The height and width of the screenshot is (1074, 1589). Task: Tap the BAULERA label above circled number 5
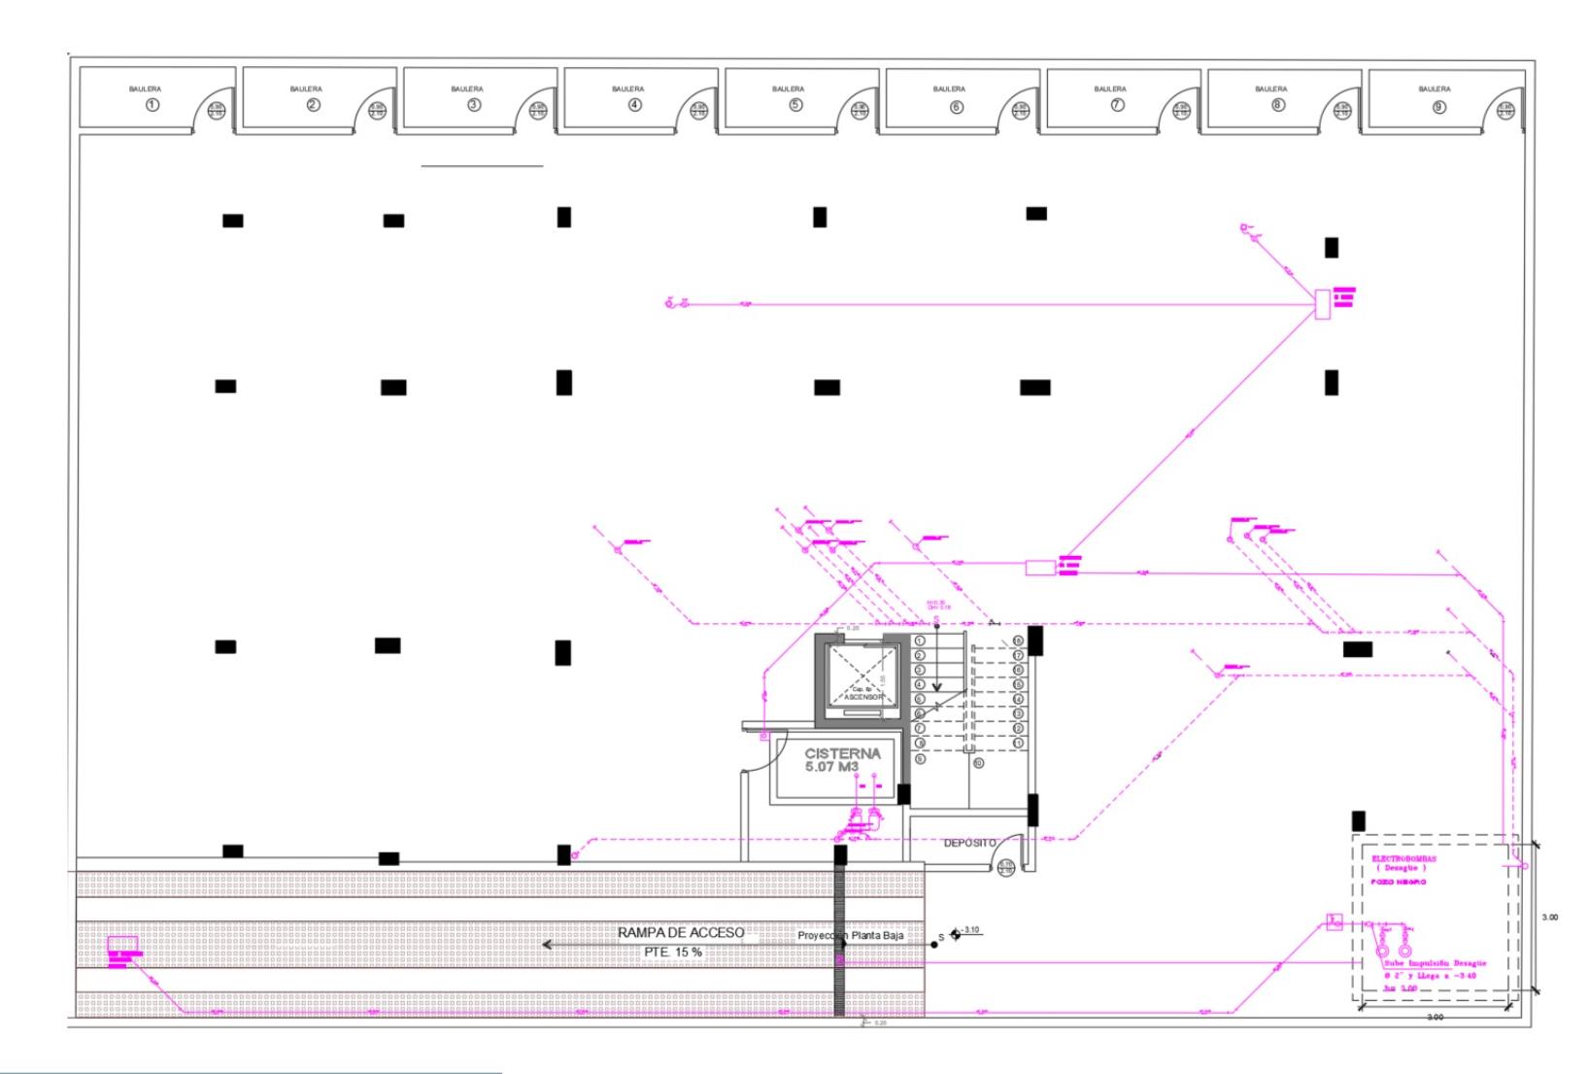tap(789, 89)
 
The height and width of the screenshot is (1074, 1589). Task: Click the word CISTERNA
tap(842, 753)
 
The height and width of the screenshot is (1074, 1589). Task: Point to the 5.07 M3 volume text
tap(831, 767)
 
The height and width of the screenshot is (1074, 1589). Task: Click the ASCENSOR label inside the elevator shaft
tap(862, 698)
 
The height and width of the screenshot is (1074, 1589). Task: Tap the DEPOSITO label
tap(969, 843)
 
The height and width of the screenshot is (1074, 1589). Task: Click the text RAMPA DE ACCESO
tap(680, 933)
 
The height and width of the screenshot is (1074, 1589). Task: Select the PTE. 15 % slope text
tap(673, 953)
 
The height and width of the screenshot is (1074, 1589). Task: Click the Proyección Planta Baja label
tap(850, 936)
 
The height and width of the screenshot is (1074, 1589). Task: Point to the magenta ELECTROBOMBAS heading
tap(1403, 859)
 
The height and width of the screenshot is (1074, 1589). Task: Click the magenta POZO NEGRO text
tap(1399, 882)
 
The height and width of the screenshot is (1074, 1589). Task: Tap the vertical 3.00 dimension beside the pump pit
tap(1550, 918)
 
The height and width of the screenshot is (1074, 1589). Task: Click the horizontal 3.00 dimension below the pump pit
tap(1435, 1017)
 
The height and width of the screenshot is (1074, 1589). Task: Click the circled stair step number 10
tap(979, 763)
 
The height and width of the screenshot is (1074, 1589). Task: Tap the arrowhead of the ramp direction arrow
tap(547, 945)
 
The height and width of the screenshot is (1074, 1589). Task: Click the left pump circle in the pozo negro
tap(1383, 950)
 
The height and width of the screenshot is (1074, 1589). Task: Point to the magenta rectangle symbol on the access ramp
tap(122, 944)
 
